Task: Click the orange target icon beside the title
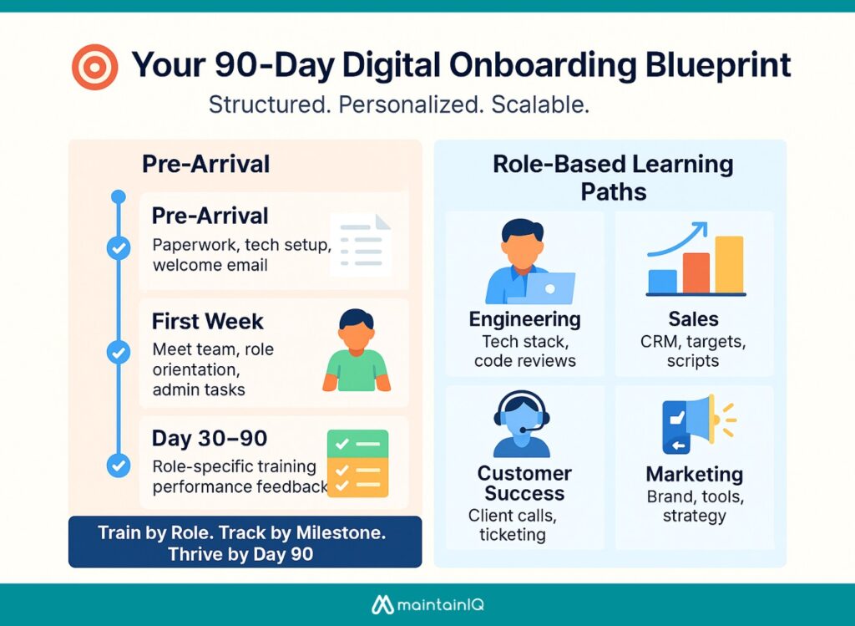click(x=94, y=67)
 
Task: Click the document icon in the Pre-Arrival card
click(x=361, y=244)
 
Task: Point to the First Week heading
click(x=207, y=321)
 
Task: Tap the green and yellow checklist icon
click(x=357, y=463)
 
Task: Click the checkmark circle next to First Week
click(x=119, y=352)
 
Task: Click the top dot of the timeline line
click(x=119, y=197)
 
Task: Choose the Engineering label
click(x=524, y=319)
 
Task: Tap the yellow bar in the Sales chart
click(x=728, y=265)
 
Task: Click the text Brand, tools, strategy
click(x=694, y=506)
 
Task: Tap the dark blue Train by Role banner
click(x=245, y=542)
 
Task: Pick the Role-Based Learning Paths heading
click(x=612, y=176)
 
